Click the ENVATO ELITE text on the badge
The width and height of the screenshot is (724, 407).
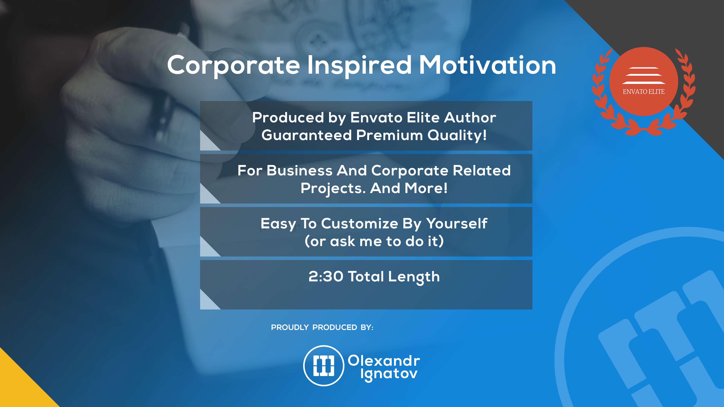point(644,92)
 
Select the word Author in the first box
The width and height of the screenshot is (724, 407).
point(470,117)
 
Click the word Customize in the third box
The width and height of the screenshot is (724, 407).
point(360,224)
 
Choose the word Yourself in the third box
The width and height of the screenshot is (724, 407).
point(457,224)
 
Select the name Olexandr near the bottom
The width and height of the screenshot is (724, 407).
point(384,361)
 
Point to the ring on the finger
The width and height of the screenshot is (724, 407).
point(166,118)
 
